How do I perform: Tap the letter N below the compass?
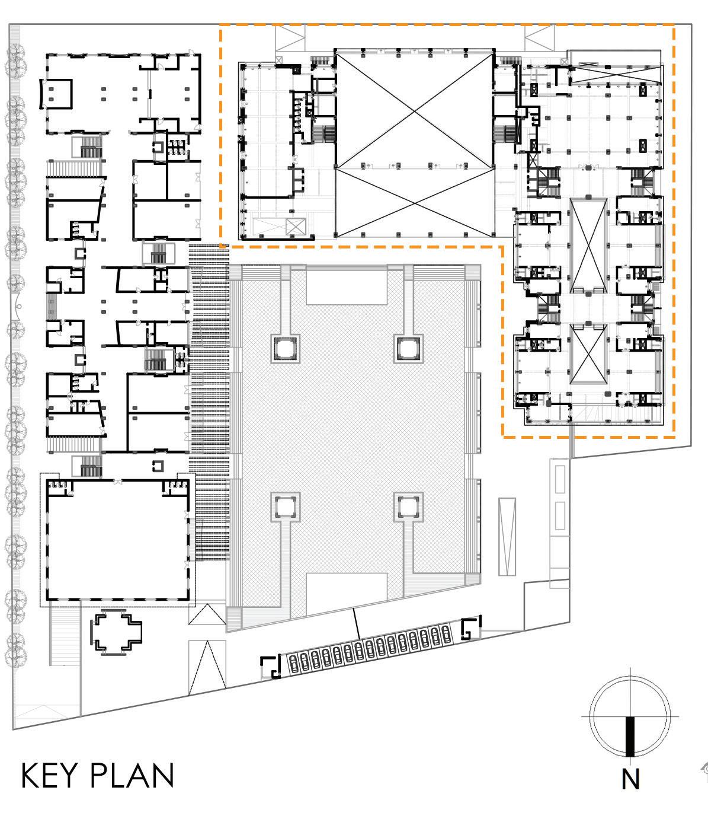pyautogui.click(x=631, y=780)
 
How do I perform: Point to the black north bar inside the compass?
pyautogui.click(x=630, y=736)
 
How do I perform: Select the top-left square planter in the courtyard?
pyautogui.click(x=286, y=348)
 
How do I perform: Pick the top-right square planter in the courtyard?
pyautogui.click(x=409, y=348)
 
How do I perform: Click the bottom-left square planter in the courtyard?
pyautogui.click(x=286, y=506)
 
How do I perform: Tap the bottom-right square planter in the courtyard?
pyautogui.click(x=409, y=506)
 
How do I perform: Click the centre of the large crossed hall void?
pyautogui.click(x=414, y=144)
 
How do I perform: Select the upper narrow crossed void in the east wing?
pyautogui.click(x=588, y=246)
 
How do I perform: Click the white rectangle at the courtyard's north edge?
pyautogui.click(x=347, y=285)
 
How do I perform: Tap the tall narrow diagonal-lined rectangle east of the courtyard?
pyautogui.click(x=508, y=536)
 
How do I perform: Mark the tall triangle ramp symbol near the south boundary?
pyautogui.click(x=207, y=667)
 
